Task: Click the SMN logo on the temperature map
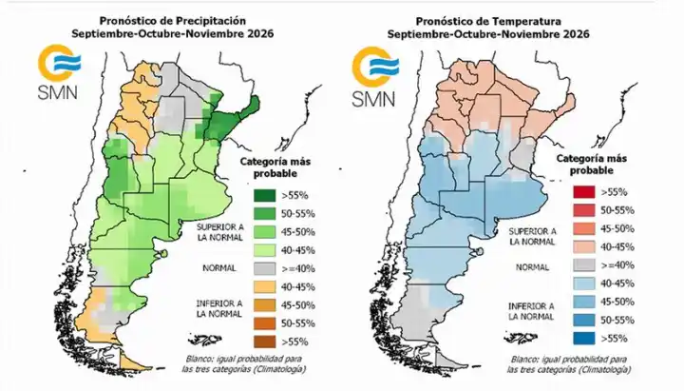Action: click(375, 76)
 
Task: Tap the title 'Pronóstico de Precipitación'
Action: click(173, 21)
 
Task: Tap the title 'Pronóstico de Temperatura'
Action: click(488, 21)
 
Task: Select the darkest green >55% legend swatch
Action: click(265, 195)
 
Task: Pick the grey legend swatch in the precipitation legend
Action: click(265, 268)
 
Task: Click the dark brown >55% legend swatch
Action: click(265, 342)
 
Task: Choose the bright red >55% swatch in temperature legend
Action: click(583, 192)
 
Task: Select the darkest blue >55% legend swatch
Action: click(583, 338)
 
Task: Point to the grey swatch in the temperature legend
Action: click(583, 265)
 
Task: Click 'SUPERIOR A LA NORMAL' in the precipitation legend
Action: click(219, 232)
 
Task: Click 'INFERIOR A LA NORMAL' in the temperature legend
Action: click(531, 311)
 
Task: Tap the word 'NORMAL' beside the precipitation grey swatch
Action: click(219, 268)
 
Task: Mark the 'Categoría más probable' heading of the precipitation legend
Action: click(275, 167)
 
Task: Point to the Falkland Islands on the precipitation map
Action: click(208, 339)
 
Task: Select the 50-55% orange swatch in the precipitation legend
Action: click(265, 323)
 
